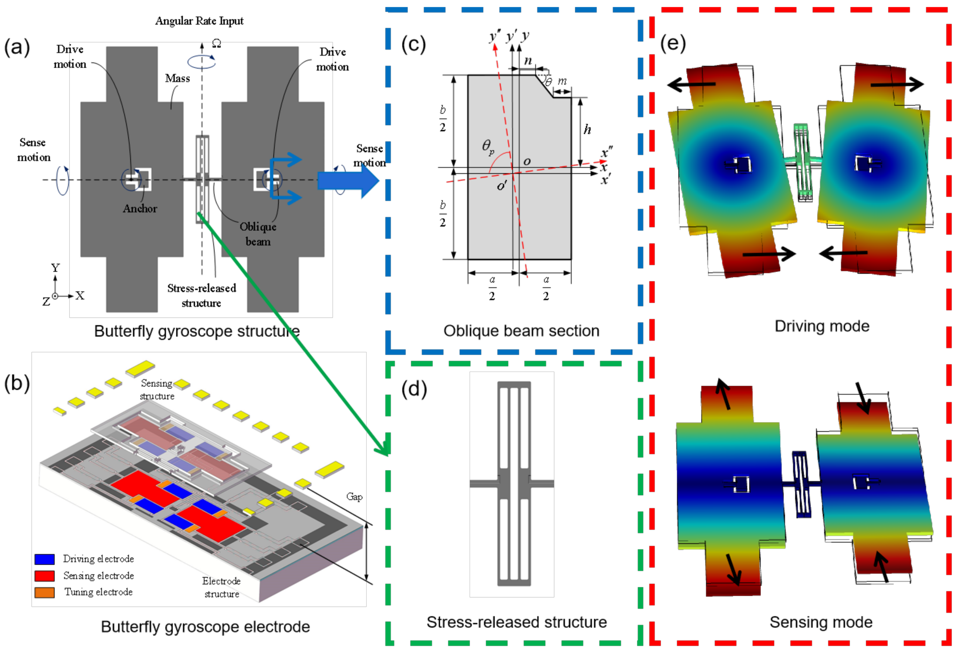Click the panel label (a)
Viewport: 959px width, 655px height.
pyautogui.click(x=17, y=47)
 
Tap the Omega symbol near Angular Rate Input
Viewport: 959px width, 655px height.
pyautogui.click(x=216, y=43)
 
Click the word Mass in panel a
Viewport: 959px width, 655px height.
pyautogui.click(x=177, y=78)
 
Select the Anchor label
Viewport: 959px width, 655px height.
pyautogui.click(x=140, y=209)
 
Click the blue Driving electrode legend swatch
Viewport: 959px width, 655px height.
pyautogui.click(x=45, y=559)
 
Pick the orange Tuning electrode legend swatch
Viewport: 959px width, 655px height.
pyautogui.click(x=45, y=592)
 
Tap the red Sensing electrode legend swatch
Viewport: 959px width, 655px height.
pyautogui.click(x=45, y=576)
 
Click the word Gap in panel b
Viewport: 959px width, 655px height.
pyautogui.click(x=354, y=496)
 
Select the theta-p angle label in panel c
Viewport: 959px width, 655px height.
pyautogui.click(x=488, y=146)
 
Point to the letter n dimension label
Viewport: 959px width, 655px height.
pyautogui.click(x=528, y=61)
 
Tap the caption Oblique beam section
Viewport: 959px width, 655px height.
pyautogui.click(x=521, y=331)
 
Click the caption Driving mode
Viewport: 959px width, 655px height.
pyautogui.click(x=821, y=327)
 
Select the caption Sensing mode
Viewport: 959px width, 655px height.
pyautogui.click(x=821, y=622)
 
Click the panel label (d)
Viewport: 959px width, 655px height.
pyautogui.click(x=414, y=389)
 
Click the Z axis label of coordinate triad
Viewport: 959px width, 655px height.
pyautogui.click(x=46, y=302)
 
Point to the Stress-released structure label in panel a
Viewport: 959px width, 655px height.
pyautogui.click(x=202, y=296)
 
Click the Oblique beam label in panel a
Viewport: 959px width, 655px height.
pyautogui.click(x=258, y=234)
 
